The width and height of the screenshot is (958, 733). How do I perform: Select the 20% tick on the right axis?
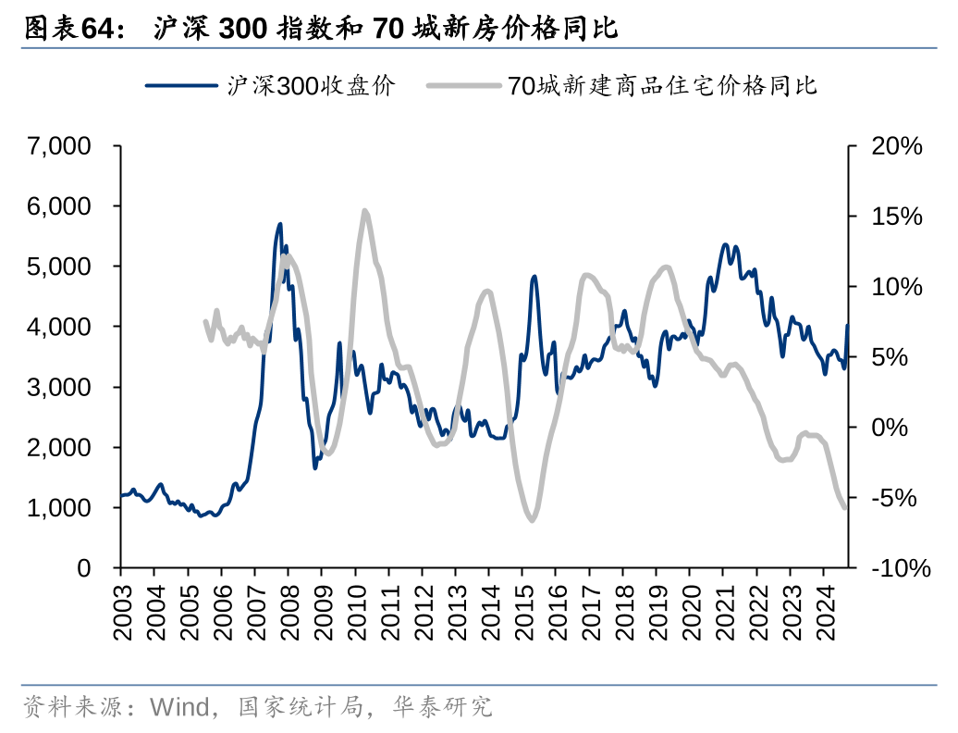pos(896,146)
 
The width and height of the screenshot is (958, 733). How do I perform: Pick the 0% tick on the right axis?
pos(889,428)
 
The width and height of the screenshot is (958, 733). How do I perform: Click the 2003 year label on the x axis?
pos(122,612)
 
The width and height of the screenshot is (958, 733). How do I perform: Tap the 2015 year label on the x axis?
pos(523,612)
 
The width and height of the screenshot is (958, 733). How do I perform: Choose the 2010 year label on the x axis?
pos(356,612)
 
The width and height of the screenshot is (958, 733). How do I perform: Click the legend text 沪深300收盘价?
pos(312,86)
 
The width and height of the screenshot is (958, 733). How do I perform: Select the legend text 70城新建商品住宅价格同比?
pos(662,86)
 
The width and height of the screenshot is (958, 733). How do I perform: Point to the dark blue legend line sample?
pos(183,86)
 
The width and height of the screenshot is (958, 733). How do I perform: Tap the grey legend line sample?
pos(464,86)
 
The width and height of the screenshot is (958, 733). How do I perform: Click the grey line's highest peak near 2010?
pos(364,211)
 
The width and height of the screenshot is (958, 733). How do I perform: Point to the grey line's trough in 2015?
pos(532,520)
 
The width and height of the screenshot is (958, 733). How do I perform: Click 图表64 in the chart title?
pos(73,29)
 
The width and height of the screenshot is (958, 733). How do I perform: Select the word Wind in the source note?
pos(181,708)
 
